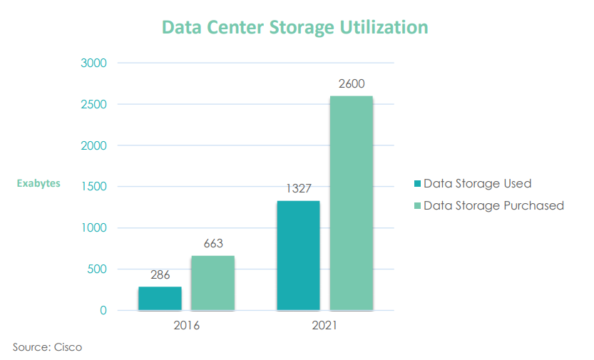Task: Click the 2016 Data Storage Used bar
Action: pyautogui.click(x=160, y=299)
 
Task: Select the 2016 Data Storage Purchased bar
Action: pyautogui.click(x=212, y=283)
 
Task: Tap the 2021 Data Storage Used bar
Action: pyautogui.click(x=298, y=256)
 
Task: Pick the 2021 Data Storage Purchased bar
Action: pyautogui.click(x=351, y=203)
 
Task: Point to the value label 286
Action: pyautogui.click(x=160, y=274)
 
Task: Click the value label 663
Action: pyautogui.click(x=212, y=244)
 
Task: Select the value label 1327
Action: pyautogui.click(x=298, y=189)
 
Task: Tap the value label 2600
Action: pyautogui.click(x=351, y=84)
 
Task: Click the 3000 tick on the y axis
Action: pyautogui.click(x=93, y=63)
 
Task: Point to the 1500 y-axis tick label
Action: pyautogui.click(x=93, y=187)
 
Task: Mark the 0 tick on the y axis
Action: pyautogui.click(x=103, y=311)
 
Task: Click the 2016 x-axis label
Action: pyautogui.click(x=186, y=326)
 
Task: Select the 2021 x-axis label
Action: pyautogui.click(x=324, y=326)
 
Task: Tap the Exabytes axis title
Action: pyautogui.click(x=39, y=184)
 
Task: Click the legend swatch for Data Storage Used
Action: pyautogui.click(x=418, y=184)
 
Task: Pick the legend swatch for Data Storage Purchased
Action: pyautogui.click(x=418, y=206)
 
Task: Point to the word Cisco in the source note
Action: pyautogui.click(x=68, y=348)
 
